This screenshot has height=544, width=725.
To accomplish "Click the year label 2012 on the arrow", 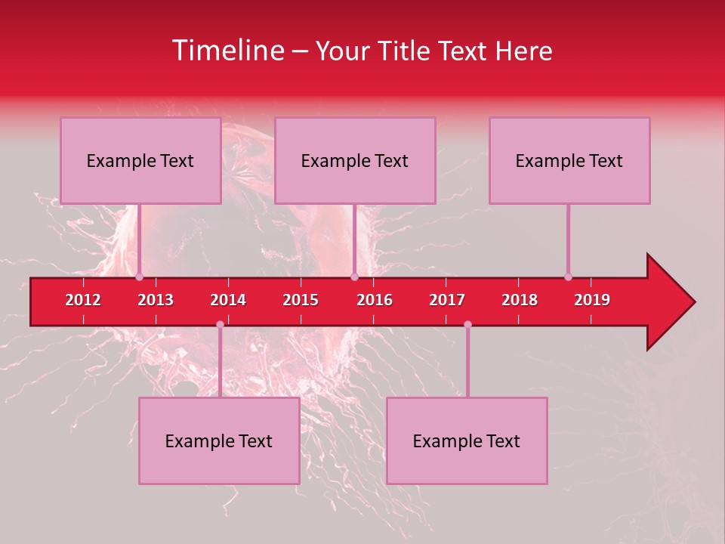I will [83, 300].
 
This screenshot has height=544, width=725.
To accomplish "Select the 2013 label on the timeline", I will [156, 300].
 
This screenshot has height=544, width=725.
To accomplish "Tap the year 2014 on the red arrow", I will [228, 300].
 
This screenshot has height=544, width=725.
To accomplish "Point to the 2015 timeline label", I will [301, 300].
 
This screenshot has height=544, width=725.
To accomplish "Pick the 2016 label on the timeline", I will [375, 300].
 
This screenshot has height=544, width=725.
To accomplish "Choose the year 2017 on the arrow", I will [447, 300].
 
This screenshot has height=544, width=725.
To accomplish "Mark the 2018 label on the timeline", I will [520, 300].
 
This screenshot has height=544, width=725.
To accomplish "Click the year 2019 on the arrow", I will [592, 300].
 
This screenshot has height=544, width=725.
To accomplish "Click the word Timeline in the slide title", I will [227, 51].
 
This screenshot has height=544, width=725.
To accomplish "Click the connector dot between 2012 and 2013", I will [139, 277].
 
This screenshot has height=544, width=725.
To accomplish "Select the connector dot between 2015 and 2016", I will [354, 277].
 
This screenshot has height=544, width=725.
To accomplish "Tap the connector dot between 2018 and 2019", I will [568, 277].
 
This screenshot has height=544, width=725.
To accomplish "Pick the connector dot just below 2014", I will [220, 324].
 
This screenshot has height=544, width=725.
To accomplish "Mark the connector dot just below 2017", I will [467, 324].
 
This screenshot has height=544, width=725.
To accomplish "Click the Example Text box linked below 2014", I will [219, 440].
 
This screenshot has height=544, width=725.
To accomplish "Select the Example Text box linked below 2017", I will [467, 440].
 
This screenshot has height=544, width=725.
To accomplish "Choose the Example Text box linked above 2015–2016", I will [355, 160].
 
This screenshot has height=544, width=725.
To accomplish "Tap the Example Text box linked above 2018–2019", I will [569, 160].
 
